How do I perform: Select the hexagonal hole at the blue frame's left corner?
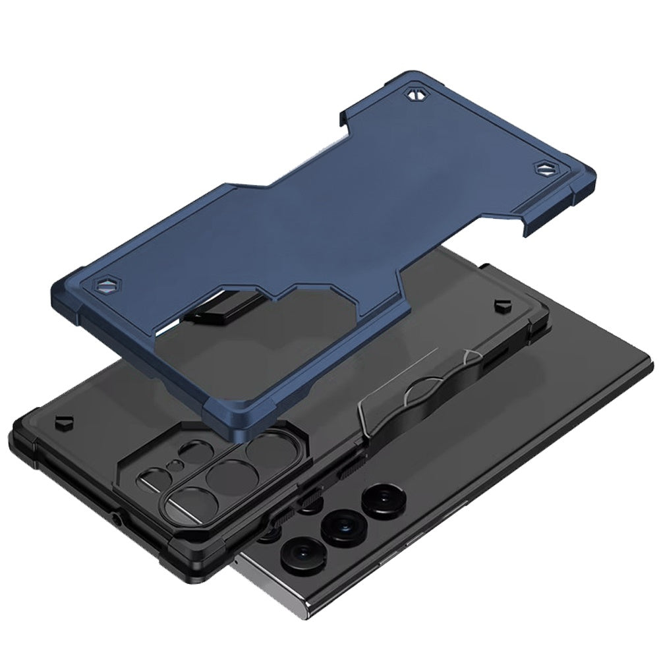click(x=103, y=287)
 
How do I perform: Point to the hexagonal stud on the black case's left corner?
click(x=64, y=421)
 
